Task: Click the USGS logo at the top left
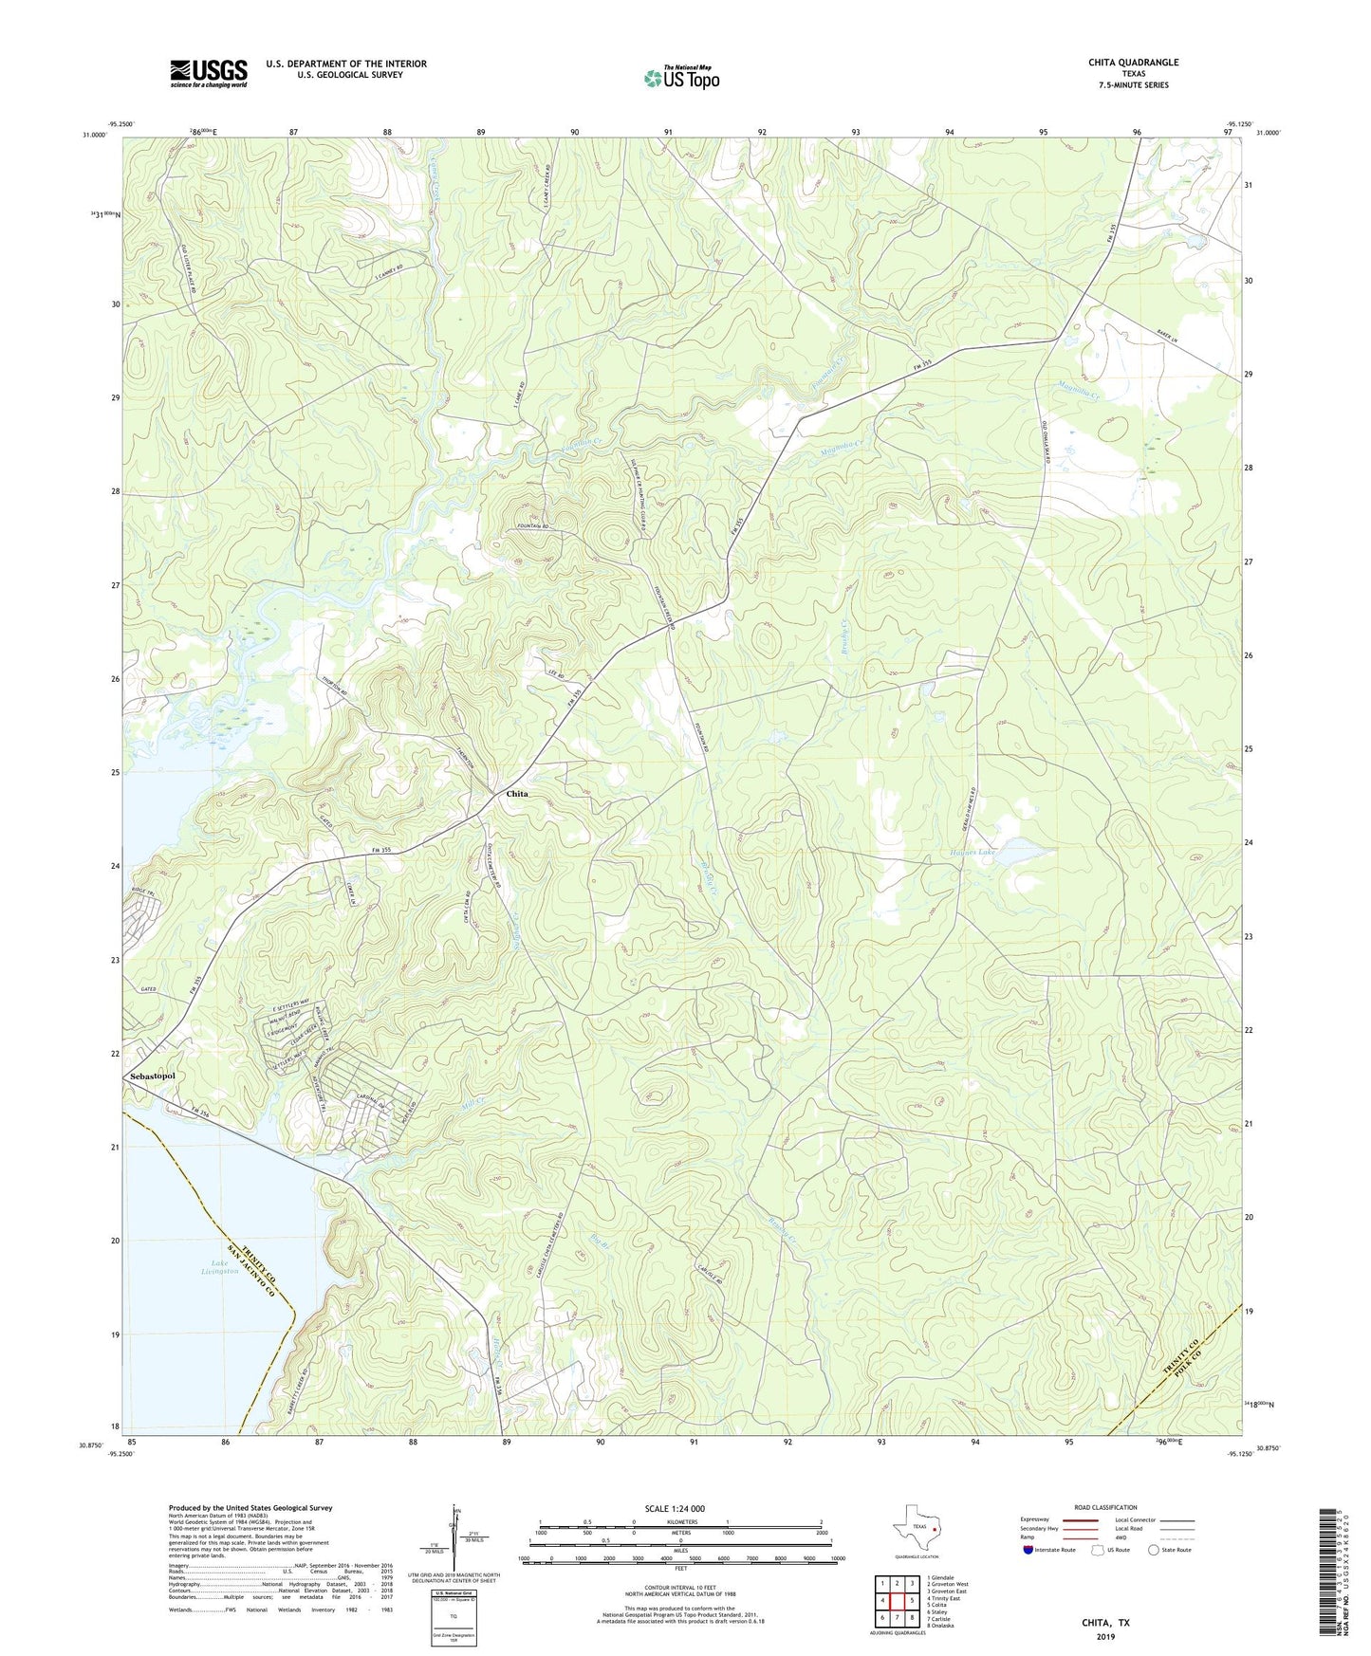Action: point(209,73)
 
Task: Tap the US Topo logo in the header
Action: point(681,78)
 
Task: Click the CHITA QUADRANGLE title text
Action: point(1133,63)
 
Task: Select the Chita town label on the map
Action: point(517,794)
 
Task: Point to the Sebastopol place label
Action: point(153,1076)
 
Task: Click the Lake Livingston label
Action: point(219,1267)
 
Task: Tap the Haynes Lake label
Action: point(973,853)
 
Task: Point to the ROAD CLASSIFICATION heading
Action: point(1105,1507)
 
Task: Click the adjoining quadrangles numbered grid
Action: point(897,1604)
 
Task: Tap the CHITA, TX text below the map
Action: point(1105,1623)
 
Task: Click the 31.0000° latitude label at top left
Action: point(94,135)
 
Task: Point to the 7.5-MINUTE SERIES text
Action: point(1133,85)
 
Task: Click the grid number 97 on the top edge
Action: point(1228,133)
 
